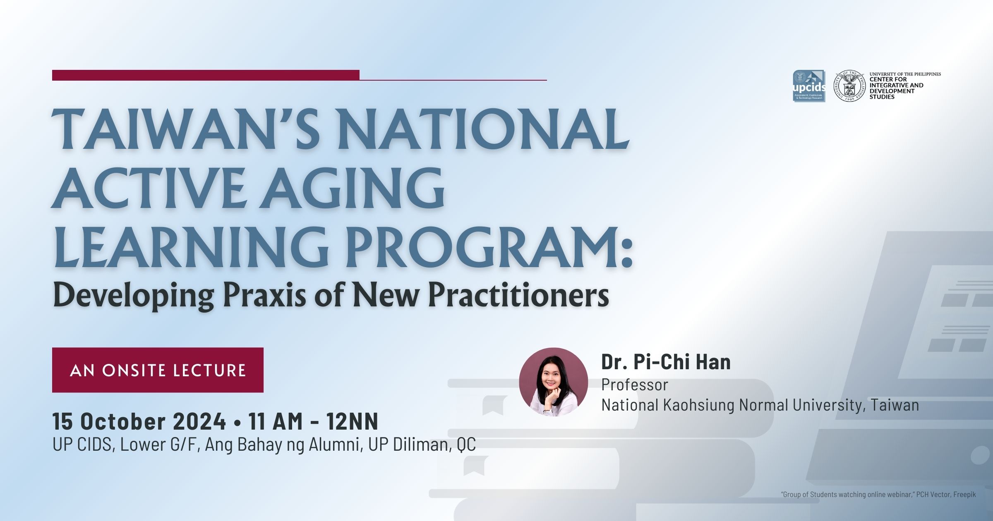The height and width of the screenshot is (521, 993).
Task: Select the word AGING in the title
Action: tap(353, 188)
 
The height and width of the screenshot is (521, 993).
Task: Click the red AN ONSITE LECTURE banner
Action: tap(158, 370)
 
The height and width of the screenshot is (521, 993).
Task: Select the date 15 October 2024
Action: tap(139, 421)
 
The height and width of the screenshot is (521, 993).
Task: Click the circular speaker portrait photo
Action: tap(553, 382)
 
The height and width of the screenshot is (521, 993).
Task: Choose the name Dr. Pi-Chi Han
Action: tap(666, 362)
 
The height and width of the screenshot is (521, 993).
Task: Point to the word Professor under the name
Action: tap(634, 385)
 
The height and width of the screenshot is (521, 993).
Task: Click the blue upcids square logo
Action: tap(809, 86)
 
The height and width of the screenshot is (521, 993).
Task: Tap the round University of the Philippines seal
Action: tap(849, 86)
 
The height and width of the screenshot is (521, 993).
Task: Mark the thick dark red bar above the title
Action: tap(206, 75)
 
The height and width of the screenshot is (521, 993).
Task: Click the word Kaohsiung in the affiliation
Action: tap(699, 405)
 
